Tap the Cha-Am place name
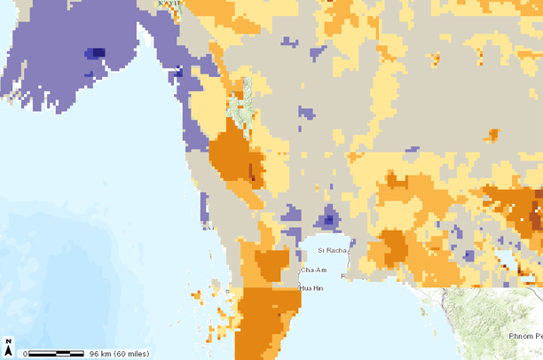tap(314, 270)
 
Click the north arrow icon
tap(8, 350)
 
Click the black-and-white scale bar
tap(57, 354)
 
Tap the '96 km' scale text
tap(100, 354)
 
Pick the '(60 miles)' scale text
tap(132, 354)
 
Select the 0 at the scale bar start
tap(26, 354)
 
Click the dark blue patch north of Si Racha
tap(329, 217)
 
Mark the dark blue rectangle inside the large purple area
tap(92, 53)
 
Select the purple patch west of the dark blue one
tap(292, 213)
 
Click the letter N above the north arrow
tap(8, 341)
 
